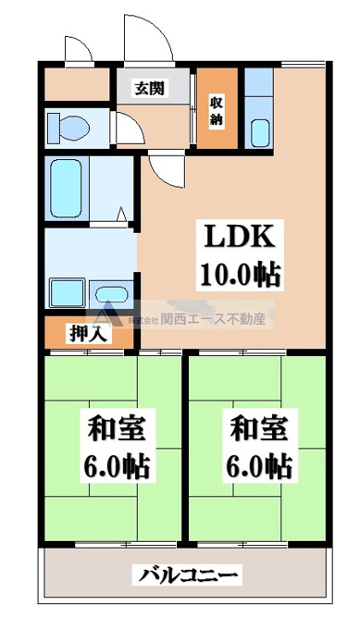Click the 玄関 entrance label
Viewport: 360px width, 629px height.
click(149, 88)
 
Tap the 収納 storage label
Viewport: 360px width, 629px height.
click(216, 111)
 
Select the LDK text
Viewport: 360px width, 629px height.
click(240, 238)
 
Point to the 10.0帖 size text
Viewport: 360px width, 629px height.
click(240, 274)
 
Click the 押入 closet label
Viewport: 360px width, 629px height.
click(88, 333)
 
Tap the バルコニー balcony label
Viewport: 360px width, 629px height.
click(188, 576)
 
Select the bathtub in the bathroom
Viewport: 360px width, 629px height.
click(67, 189)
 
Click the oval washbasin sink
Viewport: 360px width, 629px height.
click(111, 295)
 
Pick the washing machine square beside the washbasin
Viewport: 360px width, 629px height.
click(67, 293)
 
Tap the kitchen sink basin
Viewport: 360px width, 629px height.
click(260, 133)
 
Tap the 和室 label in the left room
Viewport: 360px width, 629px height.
click(117, 428)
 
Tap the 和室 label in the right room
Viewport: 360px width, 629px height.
click(259, 428)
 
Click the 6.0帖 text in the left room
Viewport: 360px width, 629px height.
click(117, 465)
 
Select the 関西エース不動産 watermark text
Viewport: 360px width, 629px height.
click(213, 319)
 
